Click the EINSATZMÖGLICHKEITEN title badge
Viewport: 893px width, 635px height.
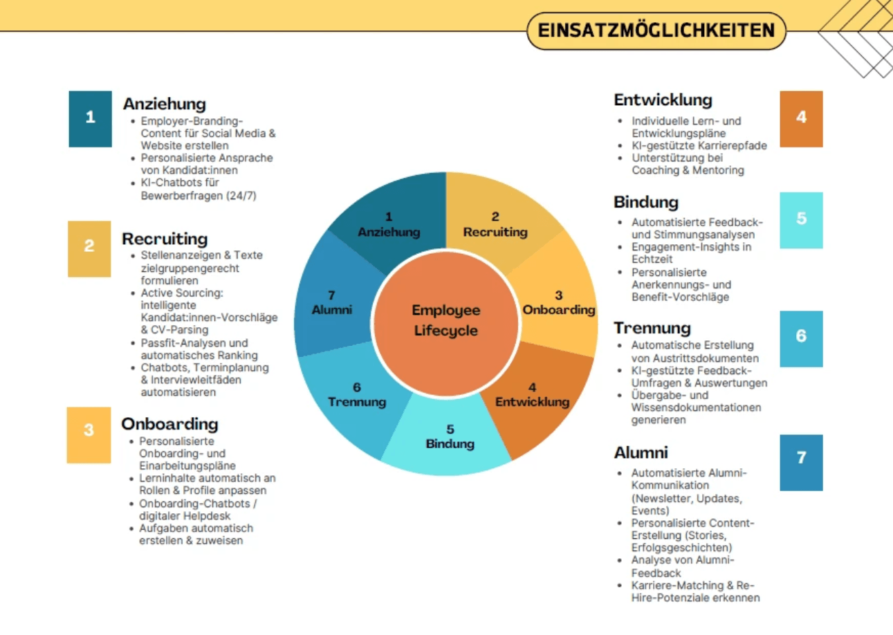656,30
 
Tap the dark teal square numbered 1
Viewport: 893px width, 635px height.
90,119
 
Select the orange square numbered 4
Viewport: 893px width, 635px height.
801,119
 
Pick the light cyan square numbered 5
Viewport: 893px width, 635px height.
801,220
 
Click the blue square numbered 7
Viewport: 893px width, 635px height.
801,462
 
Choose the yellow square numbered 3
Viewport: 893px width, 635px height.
89,435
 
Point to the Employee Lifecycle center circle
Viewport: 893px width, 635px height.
446,323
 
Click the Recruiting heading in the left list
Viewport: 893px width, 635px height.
165,239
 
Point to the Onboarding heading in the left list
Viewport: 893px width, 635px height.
169,424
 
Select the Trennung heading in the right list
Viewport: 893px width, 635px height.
652,328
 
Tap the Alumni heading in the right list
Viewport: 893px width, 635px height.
641,452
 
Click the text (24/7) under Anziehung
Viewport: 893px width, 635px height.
241,196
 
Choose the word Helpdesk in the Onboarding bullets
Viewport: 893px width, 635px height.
207,516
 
